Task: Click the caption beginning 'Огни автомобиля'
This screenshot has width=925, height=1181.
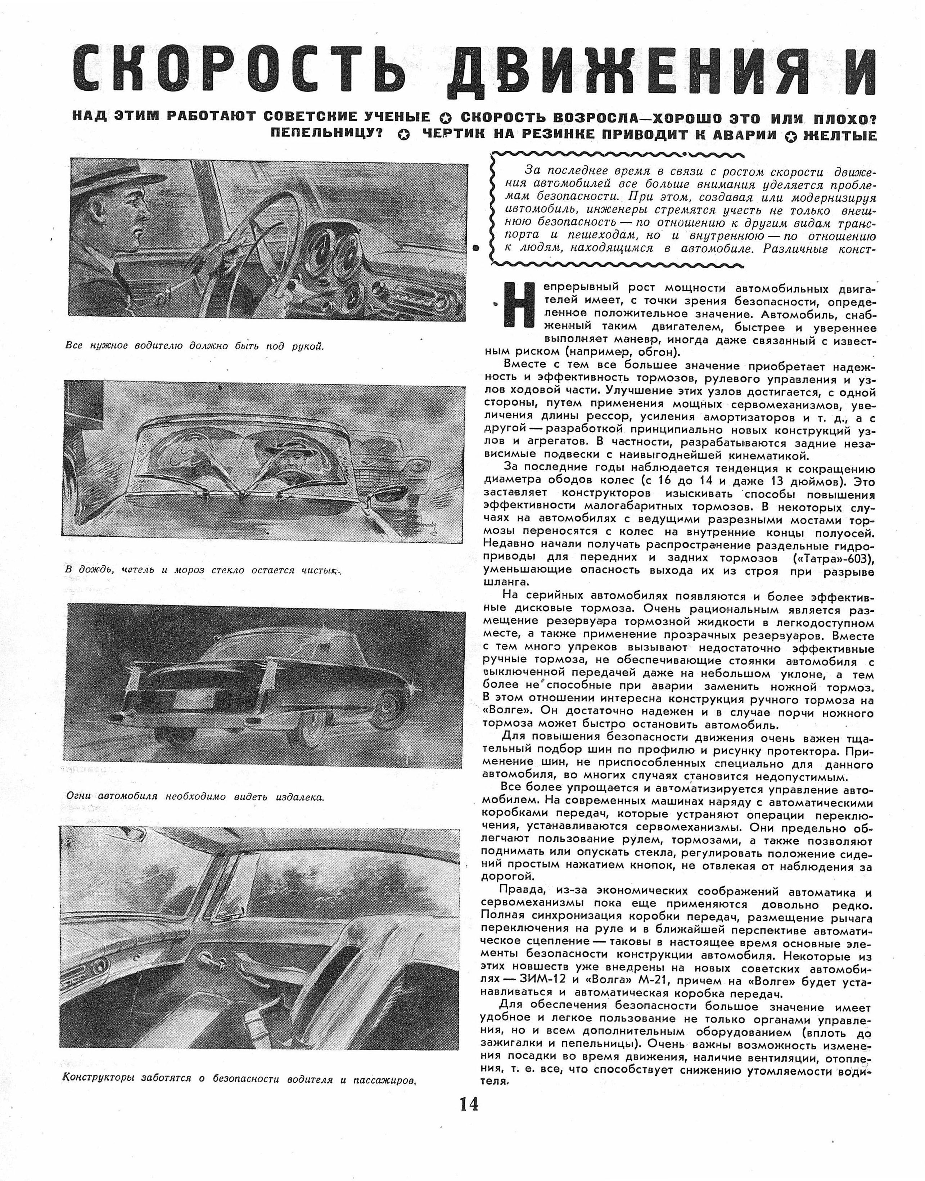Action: coord(195,796)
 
